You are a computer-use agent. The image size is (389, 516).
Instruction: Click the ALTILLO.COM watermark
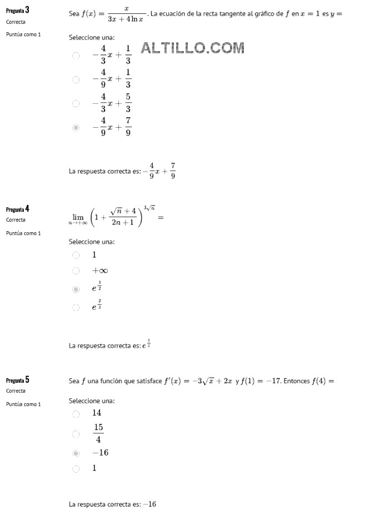pyautogui.click(x=193, y=48)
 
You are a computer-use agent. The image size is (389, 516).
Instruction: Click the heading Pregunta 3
pyautogui.click(x=18, y=11)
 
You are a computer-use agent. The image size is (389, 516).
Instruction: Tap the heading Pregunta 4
pyautogui.click(x=18, y=209)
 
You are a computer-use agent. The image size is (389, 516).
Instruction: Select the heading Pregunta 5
pyautogui.click(x=18, y=380)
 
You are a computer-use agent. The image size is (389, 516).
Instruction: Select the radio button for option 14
pyautogui.click(x=76, y=414)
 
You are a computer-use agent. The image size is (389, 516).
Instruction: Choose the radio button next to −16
pyautogui.click(x=76, y=453)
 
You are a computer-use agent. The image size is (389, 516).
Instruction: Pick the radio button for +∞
pyautogui.click(x=76, y=271)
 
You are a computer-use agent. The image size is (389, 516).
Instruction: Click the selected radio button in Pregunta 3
pyautogui.click(x=76, y=127)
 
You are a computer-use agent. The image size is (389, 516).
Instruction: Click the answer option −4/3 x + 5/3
pyautogui.click(x=112, y=103)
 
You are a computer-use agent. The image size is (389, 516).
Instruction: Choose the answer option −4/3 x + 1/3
pyautogui.click(x=112, y=55)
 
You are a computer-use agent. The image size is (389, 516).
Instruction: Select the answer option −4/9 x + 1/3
pyautogui.click(x=112, y=79)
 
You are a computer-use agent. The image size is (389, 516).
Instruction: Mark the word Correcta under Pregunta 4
pyautogui.click(x=16, y=220)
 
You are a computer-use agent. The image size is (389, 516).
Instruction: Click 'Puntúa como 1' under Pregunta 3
pyautogui.click(x=23, y=34)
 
